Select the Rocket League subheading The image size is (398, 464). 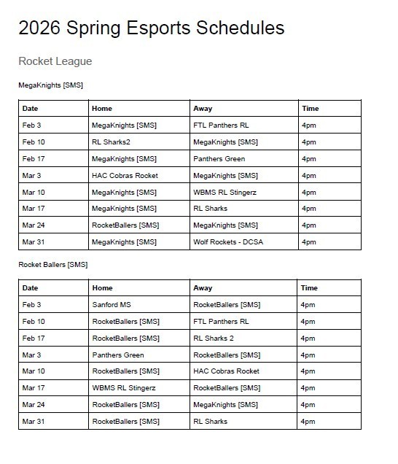tap(55, 61)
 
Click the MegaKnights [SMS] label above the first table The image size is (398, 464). tap(50, 85)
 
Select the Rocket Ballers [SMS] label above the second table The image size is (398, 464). tap(52, 264)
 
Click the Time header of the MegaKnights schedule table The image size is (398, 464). tap(310, 109)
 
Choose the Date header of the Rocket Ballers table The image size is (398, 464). tap(30, 287)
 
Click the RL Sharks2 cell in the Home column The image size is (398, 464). tap(110, 142)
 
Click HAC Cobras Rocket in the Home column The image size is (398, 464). tap(125, 176)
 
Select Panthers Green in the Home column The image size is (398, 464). tap(118, 355)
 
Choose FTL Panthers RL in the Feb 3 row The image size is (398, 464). tap(221, 125)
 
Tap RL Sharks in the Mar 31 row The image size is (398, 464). tap(210, 421)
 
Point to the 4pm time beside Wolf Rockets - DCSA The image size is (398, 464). tap(309, 241)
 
